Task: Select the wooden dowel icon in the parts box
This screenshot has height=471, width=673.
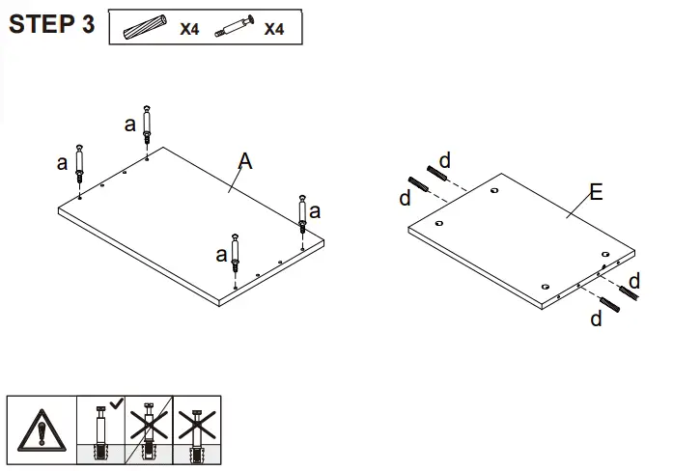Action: [147, 28]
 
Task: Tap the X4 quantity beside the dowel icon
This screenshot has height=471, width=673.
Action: [189, 29]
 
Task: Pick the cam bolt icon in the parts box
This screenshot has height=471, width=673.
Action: [233, 28]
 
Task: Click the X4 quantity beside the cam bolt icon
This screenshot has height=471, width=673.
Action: [274, 29]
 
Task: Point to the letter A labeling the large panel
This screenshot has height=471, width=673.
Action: [245, 162]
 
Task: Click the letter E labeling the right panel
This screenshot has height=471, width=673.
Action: [596, 193]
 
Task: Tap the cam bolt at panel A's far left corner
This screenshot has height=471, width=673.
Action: [79, 165]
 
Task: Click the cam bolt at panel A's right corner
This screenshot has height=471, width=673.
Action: [302, 212]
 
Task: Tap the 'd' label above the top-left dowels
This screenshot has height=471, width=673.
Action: [444, 159]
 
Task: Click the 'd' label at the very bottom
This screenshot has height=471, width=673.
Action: [596, 319]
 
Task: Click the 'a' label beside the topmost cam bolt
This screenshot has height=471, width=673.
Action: [130, 124]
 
